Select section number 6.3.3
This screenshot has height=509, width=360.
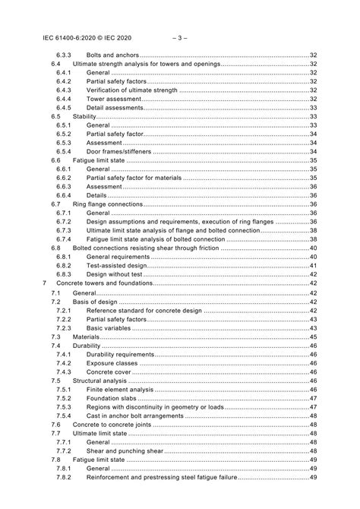point(64,55)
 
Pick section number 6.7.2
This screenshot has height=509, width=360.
point(64,221)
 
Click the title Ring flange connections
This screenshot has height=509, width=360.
point(107,204)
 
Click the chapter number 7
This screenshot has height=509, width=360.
point(45,283)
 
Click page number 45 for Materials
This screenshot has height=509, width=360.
point(313,336)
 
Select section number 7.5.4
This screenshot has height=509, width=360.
point(64,416)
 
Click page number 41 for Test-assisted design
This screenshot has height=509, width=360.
point(313,265)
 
